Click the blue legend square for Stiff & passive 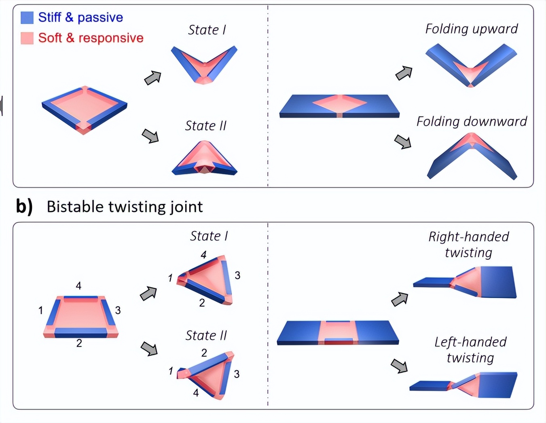[27, 17]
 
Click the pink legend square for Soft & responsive [27, 38]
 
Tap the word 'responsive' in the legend [111, 38]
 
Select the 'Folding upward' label [471, 29]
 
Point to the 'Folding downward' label [472, 122]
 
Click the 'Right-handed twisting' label [469, 245]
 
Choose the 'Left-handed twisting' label [470, 350]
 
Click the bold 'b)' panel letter [24, 207]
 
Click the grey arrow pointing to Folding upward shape [404, 73]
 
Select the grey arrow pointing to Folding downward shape [403, 142]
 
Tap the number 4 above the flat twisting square [78, 286]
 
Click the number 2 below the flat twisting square [79, 343]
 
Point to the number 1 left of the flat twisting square [41, 311]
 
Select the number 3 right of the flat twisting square [118, 311]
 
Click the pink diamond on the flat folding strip [339, 104]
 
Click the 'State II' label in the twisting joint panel [206, 336]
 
